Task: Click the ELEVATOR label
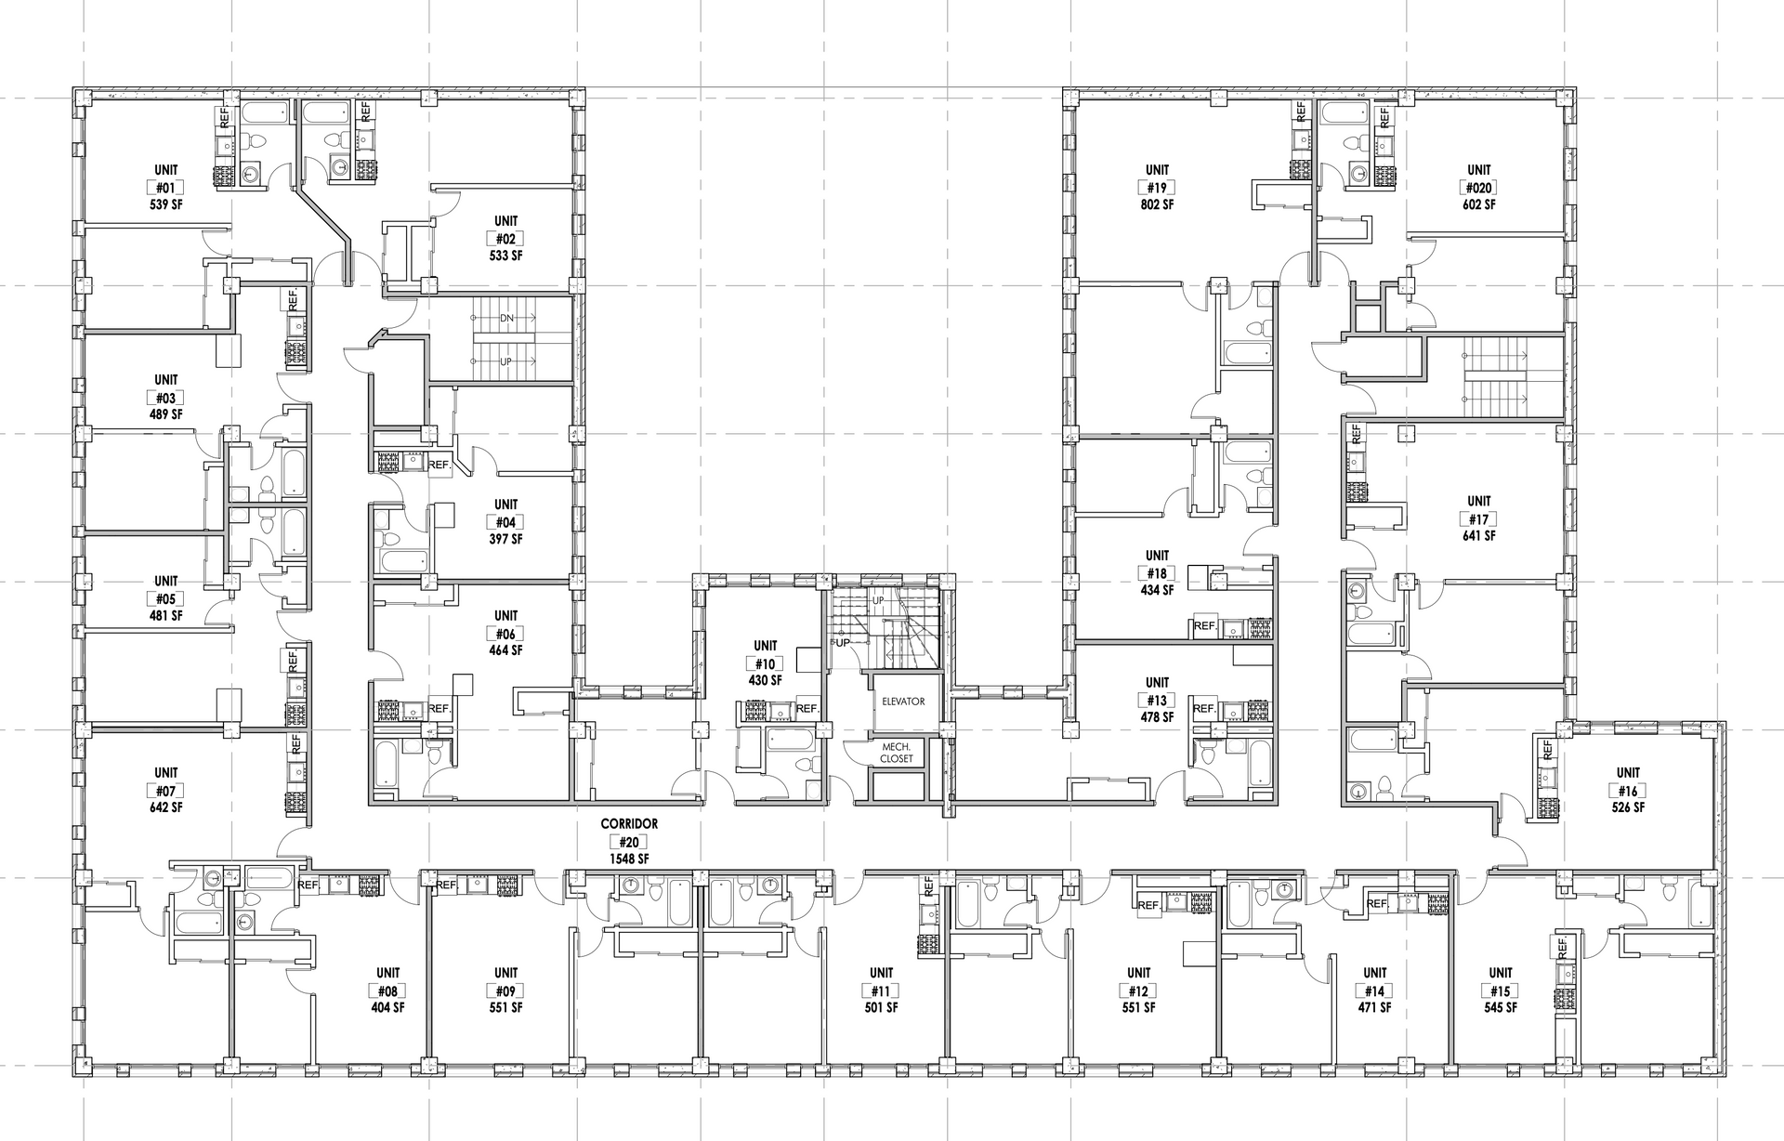(x=903, y=702)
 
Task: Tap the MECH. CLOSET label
(x=897, y=753)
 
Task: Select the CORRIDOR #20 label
(x=629, y=833)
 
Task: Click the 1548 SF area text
(x=629, y=859)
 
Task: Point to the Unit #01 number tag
(x=166, y=188)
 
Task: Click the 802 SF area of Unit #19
(x=1157, y=204)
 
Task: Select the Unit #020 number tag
(x=1478, y=188)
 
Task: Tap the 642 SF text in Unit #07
(x=166, y=807)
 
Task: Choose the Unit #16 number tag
(x=1628, y=791)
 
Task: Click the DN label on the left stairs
(x=506, y=318)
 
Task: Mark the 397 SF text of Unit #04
(x=506, y=539)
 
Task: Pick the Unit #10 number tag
(x=766, y=663)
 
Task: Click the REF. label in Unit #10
(x=807, y=709)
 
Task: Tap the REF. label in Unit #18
(x=1205, y=626)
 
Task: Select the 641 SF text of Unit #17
(x=1478, y=536)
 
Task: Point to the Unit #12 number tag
(x=1138, y=991)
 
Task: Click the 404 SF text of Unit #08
(x=388, y=1008)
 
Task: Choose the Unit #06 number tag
(x=506, y=634)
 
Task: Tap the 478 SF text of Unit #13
(x=1157, y=717)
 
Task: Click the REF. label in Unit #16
(x=1547, y=749)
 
